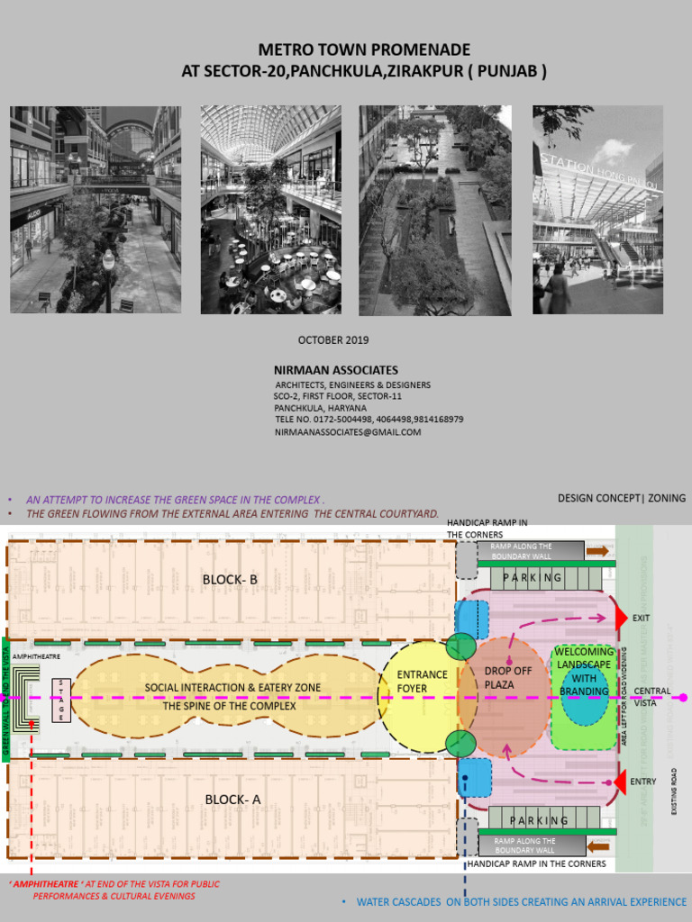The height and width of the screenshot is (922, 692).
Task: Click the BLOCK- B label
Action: pos(230,580)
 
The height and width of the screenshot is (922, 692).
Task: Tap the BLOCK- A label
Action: pos(232,800)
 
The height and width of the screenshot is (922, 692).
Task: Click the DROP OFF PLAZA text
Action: pos(508,678)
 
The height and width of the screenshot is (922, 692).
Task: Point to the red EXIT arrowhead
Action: pos(620,618)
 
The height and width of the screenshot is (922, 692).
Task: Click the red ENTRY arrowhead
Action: pos(620,781)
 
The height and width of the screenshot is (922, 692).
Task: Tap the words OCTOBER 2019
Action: pos(333,340)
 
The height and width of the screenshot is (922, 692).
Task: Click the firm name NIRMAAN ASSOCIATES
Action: pos(336,370)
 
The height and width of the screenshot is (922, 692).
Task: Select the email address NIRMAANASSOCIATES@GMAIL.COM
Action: pos(348,432)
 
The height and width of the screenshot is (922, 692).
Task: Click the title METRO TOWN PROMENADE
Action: pos(364,50)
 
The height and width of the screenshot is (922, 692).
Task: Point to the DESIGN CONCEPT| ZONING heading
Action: pos(622,498)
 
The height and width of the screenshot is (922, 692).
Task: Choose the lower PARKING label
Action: pos(539,820)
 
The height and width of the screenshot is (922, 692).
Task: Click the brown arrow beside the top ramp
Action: pos(596,550)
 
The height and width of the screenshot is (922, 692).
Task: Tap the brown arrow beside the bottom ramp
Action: pos(596,846)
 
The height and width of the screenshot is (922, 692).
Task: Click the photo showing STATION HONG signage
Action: pos(597,210)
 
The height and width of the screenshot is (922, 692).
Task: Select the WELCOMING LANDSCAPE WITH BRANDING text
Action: pos(584,672)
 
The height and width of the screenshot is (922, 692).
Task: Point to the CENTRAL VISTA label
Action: pos(651,697)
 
